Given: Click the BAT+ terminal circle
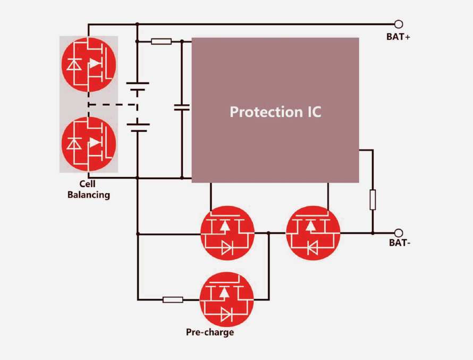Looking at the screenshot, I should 399,24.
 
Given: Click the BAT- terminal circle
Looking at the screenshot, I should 399,232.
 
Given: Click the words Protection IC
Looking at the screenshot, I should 275,112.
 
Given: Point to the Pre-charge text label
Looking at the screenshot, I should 210,333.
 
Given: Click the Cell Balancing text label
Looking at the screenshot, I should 89,189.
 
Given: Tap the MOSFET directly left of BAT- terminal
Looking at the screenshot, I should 312,233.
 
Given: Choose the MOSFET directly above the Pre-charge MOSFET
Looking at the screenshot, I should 227,233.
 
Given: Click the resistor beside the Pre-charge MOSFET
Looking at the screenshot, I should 173,300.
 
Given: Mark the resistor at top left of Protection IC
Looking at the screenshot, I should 161,41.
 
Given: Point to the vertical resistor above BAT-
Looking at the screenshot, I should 373,199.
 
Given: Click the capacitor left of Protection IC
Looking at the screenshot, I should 182,107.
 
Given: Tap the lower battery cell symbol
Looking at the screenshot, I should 138,127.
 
